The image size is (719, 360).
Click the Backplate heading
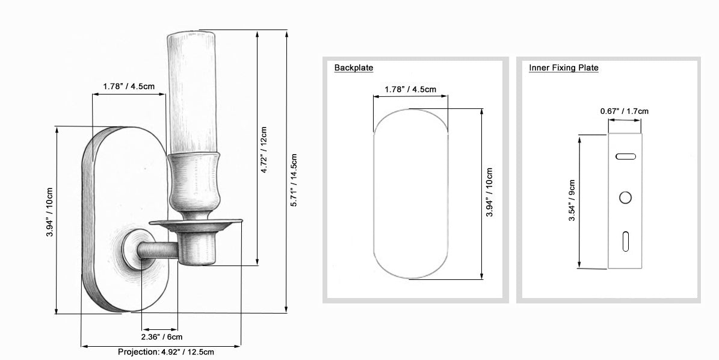pyautogui.click(x=354, y=68)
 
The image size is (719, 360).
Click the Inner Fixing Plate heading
pyautogui.click(x=564, y=68)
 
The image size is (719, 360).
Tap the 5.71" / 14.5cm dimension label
pyautogui.click(x=294, y=180)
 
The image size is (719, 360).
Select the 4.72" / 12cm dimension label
pyautogui.click(x=264, y=150)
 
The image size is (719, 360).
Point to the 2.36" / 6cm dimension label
pyautogui.click(x=161, y=337)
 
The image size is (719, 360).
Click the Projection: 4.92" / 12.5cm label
pyautogui.click(x=165, y=352)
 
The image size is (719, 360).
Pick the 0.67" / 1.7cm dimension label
pyautogui.click(x=625, y=111)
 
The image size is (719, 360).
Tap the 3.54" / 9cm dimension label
pyautogui.click(x=572, y=200)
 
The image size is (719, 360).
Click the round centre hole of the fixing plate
pyautogui.click(x=626, y=197)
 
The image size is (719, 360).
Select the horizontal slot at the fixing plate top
pyautogui.click(x=626, y=157)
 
